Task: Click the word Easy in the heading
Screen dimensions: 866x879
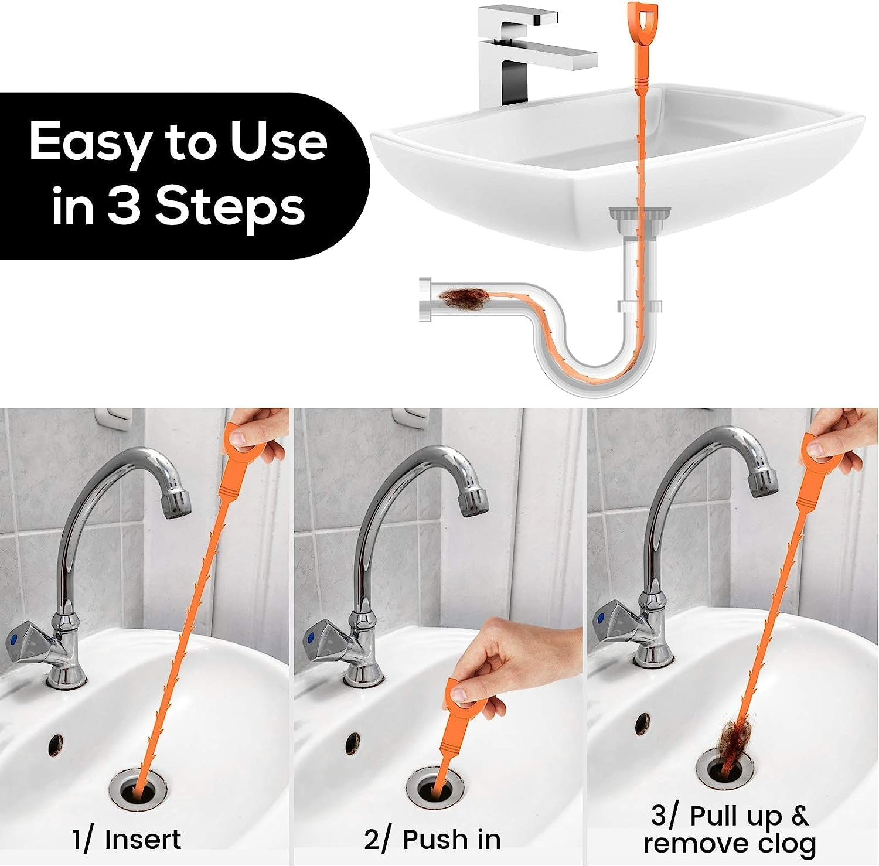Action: [90, 143]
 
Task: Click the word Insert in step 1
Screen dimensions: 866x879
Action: [142, 840]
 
